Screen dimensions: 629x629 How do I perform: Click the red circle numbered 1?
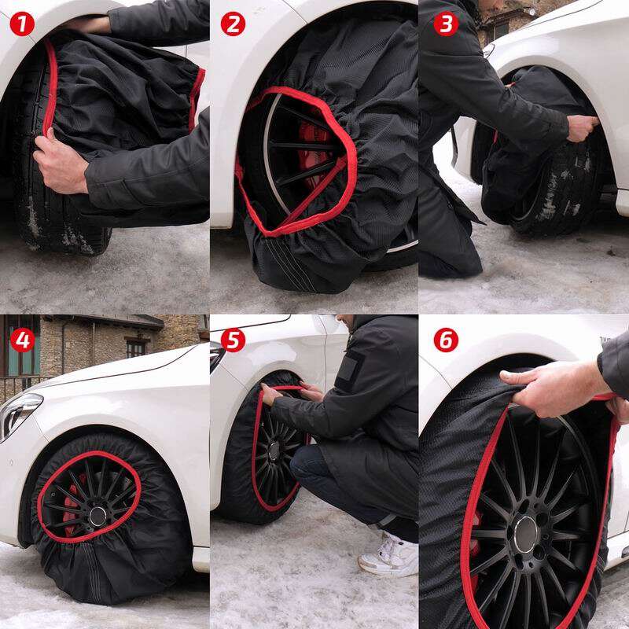(22, 24)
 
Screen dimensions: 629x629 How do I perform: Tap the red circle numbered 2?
(233, 24)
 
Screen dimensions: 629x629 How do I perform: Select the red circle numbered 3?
(446, 24)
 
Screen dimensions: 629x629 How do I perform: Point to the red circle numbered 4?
(22, 340)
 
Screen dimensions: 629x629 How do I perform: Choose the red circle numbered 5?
(233, 340)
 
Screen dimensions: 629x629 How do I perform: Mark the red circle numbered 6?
(446, 340)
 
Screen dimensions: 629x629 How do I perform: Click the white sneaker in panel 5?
(388, 555)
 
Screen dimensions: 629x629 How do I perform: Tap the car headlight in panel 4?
(20, 414)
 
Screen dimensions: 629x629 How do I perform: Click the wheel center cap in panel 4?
(97, 516)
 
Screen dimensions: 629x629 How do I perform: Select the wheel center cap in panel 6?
(526, 535)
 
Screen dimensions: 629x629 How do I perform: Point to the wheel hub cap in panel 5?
(274, 451)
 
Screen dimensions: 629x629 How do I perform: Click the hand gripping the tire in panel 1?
(61, 163)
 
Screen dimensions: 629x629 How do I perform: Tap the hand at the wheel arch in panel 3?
(583, 127)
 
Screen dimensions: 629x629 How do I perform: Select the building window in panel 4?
(136, 348)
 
